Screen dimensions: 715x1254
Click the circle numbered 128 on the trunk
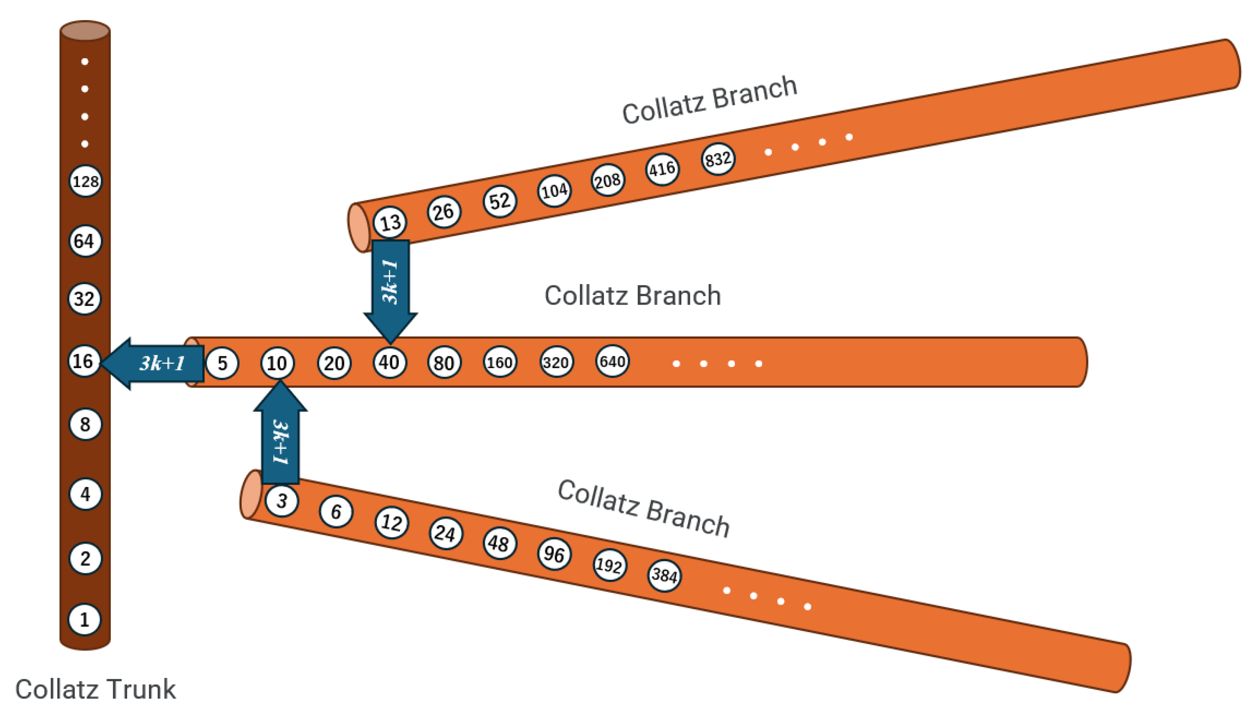coord(85,181)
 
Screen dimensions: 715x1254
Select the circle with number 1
coord(85,619)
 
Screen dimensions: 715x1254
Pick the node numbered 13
coord(390,223)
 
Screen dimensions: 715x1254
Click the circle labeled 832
coord(717,159)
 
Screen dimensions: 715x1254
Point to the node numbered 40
coord(389,362)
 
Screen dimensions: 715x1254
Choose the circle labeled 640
coord(612,362)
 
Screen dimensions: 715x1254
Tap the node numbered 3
coord(281,501)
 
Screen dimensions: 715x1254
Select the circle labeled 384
coord(664,575)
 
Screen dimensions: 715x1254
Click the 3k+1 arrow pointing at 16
coord(154,363)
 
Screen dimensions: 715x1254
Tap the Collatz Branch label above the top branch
coord(709,100)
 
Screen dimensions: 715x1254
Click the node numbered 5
coord(222,363)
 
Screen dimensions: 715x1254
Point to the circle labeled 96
coord(554,554)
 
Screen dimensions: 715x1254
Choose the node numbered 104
coord(554,191)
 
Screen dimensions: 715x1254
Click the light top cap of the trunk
coord(85,30)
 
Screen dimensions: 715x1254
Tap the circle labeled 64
coord(85,241)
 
